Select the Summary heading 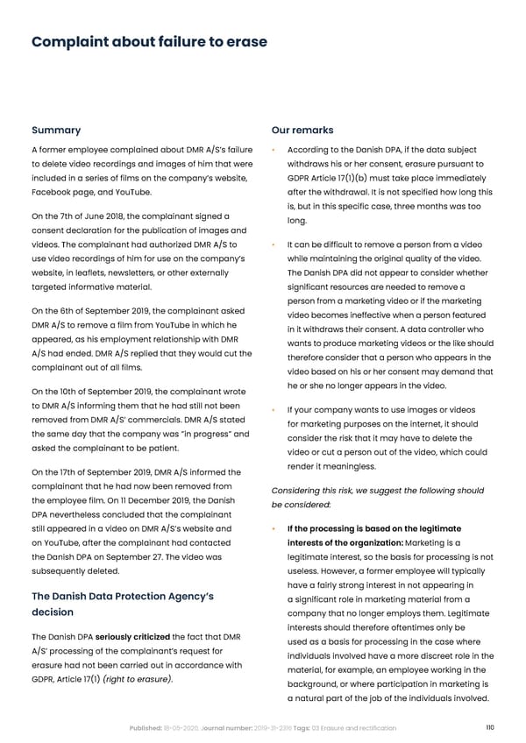coord(56,131)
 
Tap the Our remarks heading coord(302,131)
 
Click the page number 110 coord(489,728)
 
